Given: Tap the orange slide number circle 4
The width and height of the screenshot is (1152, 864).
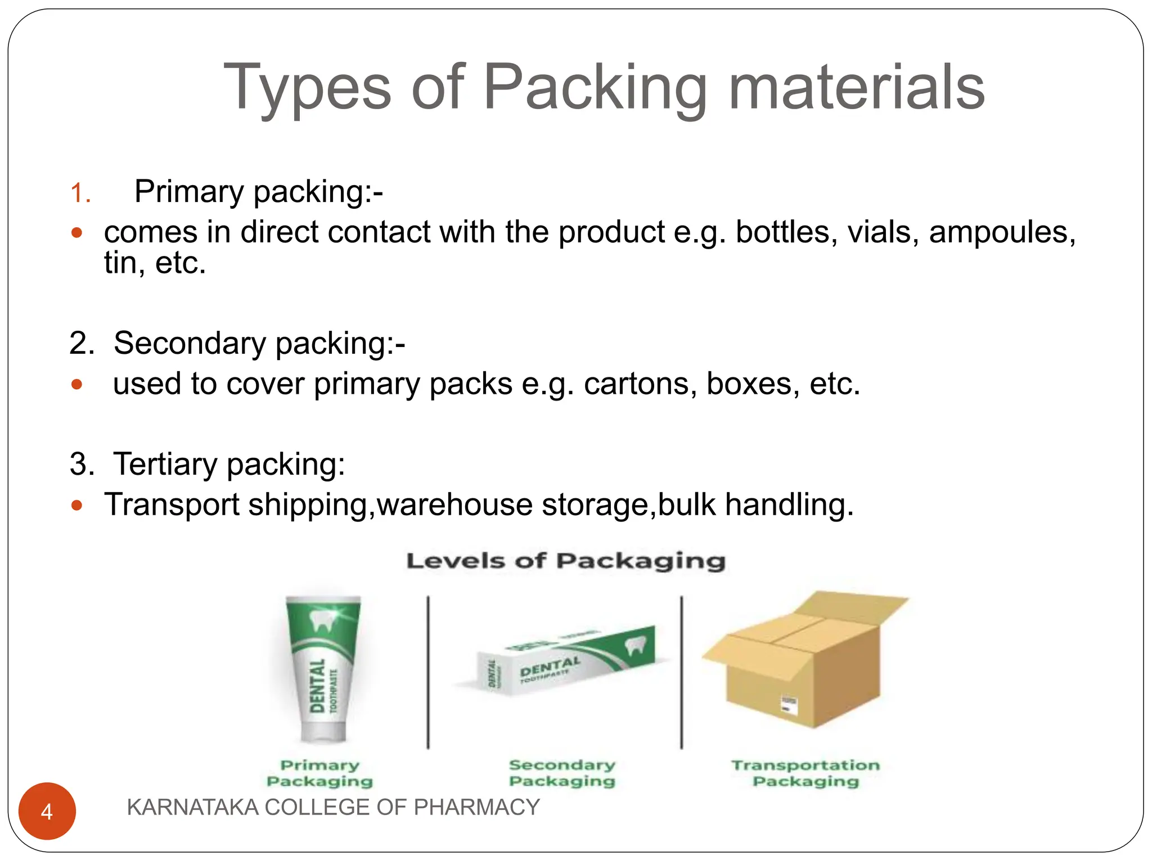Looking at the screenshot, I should coord(47,811).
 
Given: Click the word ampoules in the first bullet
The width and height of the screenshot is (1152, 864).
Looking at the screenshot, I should coord(1002,232).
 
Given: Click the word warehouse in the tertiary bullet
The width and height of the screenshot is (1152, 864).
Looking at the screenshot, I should coord(454,505).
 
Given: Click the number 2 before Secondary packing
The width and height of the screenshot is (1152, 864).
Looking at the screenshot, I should coord(82,343).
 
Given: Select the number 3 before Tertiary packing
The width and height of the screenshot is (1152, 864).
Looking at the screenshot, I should coord(82,465).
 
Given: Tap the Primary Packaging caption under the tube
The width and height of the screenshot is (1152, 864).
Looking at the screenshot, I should coord(319,773).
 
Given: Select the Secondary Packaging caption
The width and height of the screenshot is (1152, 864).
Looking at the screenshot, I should coord(562,773).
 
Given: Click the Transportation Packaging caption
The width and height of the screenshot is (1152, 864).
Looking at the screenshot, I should coord(805,773).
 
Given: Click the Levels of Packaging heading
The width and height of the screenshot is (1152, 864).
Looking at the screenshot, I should coord(566,561).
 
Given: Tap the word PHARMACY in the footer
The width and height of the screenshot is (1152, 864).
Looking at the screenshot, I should coord(476,807).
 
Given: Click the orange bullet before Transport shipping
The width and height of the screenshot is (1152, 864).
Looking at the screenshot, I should coord(77,505).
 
